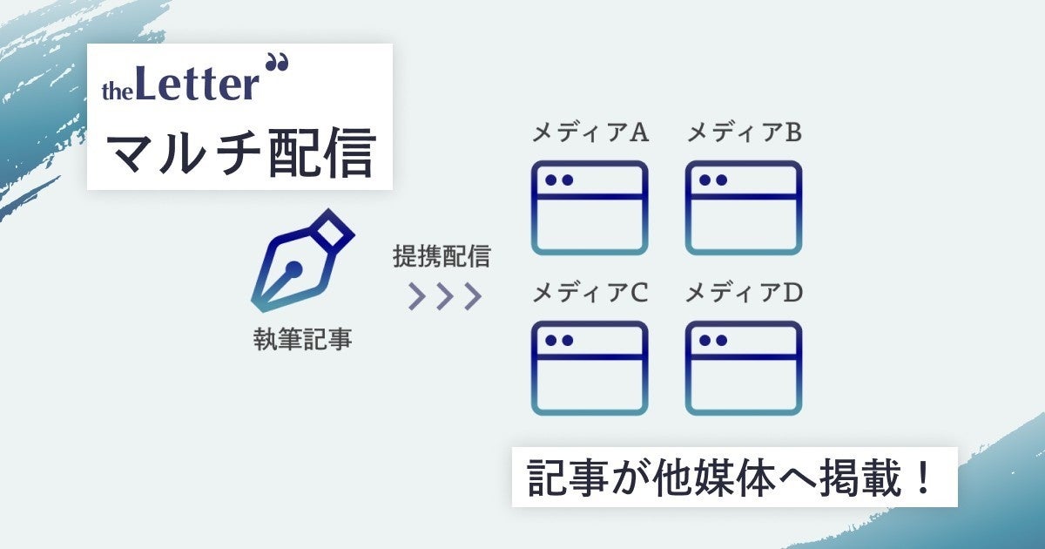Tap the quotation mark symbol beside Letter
(278, 64)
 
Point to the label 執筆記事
(302, 338)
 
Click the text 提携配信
(442, 256)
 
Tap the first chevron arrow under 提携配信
(417, 296)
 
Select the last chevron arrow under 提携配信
(472, 296)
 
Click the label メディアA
(590, 133)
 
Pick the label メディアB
(744, 133)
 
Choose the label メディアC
(590, 294)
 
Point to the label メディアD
(744, 294)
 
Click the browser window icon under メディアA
(590, 208)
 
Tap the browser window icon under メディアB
(743, 208)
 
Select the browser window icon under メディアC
(590, 369)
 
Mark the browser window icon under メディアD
(743, 369)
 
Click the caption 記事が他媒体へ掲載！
(733, 477)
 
